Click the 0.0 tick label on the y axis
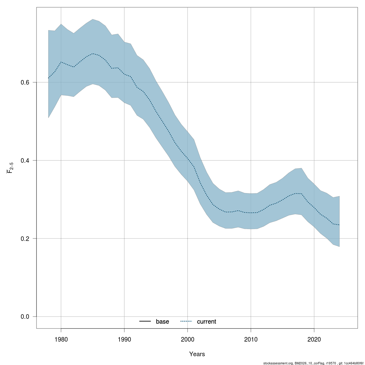[25, 317]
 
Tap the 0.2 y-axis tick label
[25, 238]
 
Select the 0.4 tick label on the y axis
[25, 160]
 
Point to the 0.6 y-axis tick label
[25, 82]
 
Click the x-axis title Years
[197, 354]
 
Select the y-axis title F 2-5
[10, 168]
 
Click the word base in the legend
[162, 322]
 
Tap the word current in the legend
[207, 322]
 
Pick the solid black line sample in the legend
[145, 322]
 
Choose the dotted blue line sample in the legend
[186, 322]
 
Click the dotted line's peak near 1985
[93, 54]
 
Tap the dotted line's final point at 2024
[339, 225]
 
